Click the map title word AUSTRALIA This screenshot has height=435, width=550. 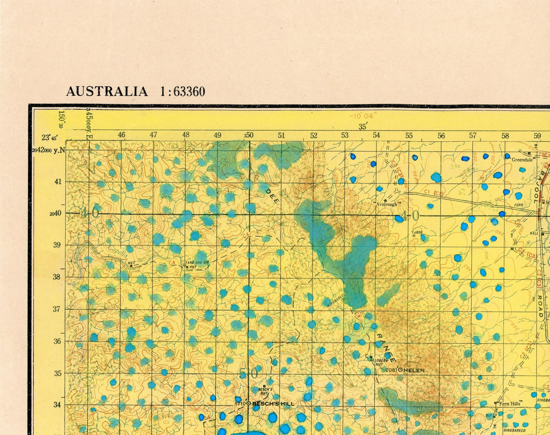click(107, 91)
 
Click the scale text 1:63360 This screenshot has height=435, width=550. click(182, 91)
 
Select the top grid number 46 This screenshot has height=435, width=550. click(122, 135)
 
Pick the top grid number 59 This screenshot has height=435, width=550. click(537, 136)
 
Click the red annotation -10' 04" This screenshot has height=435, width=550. click(363, 116)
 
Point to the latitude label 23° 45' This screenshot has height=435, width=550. click(50, 138)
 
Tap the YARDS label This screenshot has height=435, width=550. click(417, 232)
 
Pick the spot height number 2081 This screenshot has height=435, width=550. click(391, 370)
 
